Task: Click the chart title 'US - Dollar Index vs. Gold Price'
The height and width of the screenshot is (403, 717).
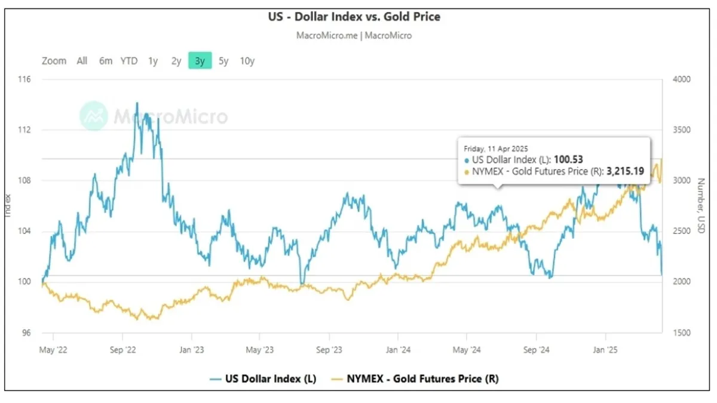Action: [x=354, y=17]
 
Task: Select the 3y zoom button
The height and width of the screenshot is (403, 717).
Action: [x=200, y=60]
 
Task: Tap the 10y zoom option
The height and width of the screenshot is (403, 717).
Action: [x=247, y=60]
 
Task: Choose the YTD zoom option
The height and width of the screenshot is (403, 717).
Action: [x=129, y=60]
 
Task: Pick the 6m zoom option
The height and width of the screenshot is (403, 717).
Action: [x=106, y=60]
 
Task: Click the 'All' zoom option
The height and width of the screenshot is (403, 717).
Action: [x=82, y=60]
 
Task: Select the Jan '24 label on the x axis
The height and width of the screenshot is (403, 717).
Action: [x=399, y=350]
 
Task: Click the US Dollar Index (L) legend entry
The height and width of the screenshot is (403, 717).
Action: [x=263, y=379]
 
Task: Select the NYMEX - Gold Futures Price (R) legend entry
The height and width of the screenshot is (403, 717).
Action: [x=418, y=379]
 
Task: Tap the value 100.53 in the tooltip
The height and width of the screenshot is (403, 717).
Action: [x=568, y=159]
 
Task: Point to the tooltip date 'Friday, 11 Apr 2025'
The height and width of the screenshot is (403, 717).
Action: [x=496, y=147]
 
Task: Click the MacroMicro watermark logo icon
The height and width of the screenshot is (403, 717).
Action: [x=94, y=115]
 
